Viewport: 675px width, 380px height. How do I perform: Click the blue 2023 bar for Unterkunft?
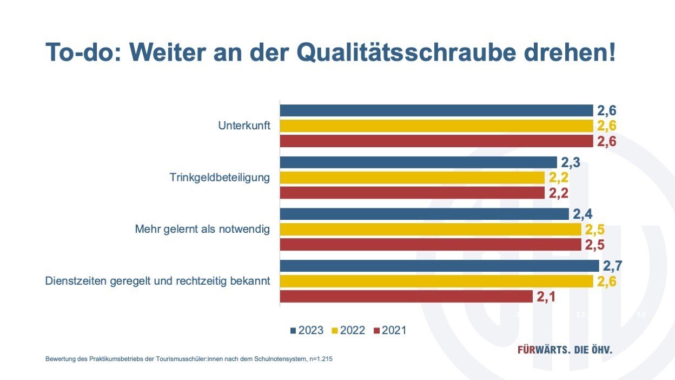tap(436, 110)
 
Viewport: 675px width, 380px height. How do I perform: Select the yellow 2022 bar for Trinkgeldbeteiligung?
tap(412, 178)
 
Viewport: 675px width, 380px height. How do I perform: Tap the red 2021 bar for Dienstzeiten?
tap(406, 297)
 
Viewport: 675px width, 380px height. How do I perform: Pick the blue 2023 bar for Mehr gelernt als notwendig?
tap(424, 214)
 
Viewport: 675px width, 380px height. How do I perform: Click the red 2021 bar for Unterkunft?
tap(436, 141)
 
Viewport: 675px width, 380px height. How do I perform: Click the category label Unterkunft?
tap(244, 126)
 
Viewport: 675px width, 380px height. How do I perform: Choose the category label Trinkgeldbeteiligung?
tap(220, 178)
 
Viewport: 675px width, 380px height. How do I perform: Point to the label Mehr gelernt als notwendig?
tap(202, 230)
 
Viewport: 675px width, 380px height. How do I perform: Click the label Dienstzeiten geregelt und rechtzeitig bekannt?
tap(157, 281)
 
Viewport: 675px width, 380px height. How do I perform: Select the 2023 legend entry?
tap(307, 330)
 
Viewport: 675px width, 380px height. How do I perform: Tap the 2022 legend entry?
tap(348, 330)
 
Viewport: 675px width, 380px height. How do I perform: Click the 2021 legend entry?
tap(390, 330)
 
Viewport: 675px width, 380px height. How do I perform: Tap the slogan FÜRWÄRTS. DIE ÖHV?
tap(565, 350)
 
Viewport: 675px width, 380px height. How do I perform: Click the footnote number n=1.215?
tap(319, 359)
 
